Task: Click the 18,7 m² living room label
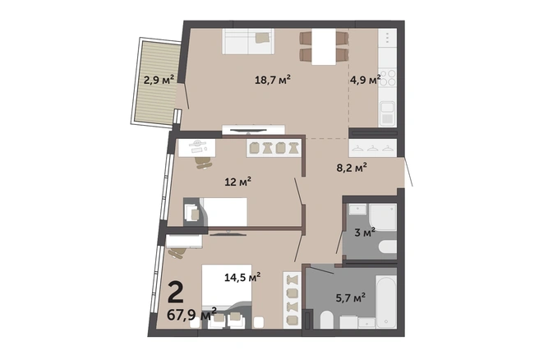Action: (273, 80)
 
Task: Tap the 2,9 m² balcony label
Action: (159, 80)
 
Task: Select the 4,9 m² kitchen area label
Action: (365, 80)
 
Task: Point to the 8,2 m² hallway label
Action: (352, 168)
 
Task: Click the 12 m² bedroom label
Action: (238, 181)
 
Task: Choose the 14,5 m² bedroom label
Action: (242, 277)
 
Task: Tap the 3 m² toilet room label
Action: (365, 233)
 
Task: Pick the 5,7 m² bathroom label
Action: (350, 298)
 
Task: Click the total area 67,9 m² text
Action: (191, 315)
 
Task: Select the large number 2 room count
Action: (176, 293)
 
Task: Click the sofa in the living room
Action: (248, 41)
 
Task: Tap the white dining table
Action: (324, 47)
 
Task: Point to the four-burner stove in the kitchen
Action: (388, 78)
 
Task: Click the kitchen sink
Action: (388, 113)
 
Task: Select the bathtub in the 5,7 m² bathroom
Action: (386, 301)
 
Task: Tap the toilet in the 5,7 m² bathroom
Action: (327, 320)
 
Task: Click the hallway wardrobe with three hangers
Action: (373, 148)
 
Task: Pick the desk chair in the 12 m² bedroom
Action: (204, 162)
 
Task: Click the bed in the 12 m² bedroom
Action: (223, 212)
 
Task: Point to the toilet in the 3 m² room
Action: (388, 247)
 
